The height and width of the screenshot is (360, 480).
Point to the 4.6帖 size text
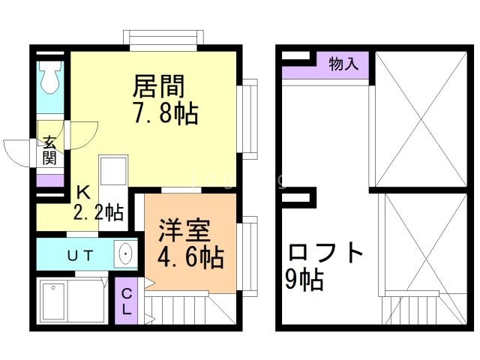[190, 257]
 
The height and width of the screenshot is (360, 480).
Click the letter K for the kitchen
[82, 190]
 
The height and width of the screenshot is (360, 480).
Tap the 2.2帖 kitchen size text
[98, 212]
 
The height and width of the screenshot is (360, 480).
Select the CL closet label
[126, 300]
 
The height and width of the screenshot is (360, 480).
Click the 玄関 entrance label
[49, 150]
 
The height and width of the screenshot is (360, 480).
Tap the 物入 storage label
[344, 64]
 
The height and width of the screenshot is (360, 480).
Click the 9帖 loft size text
[304, 280]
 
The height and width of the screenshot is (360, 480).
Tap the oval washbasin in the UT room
[124, 254]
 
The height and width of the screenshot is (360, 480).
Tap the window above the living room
[163, 37]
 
